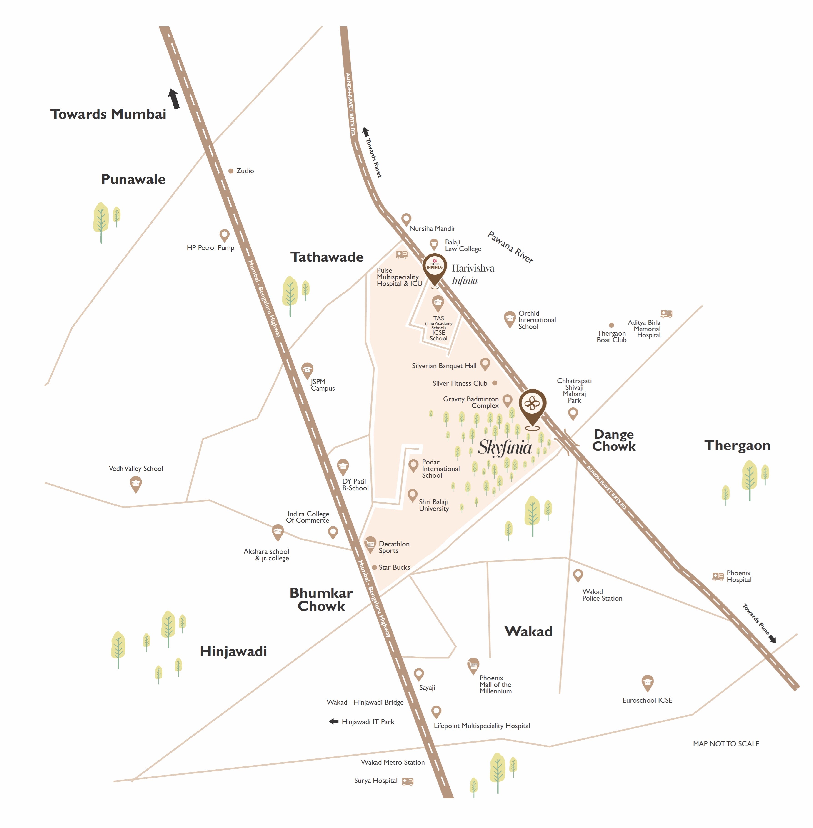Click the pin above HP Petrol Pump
224,235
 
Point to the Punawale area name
133,179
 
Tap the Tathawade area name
327,257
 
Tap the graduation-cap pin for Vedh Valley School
135,484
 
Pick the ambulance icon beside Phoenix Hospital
718,577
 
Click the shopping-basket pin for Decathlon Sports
370,544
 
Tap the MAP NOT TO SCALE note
726,743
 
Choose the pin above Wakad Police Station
578,575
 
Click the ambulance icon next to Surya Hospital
407,781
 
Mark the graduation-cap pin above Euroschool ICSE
647,682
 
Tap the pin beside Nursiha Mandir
406,219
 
